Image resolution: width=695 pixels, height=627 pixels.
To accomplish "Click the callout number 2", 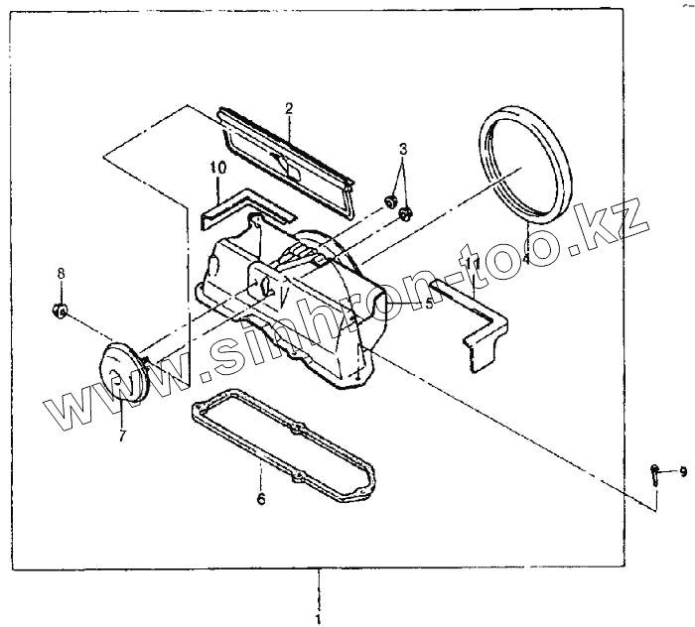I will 289,107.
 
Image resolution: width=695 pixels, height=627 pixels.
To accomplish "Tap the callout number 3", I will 403,150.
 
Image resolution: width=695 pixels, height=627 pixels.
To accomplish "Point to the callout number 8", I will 60,273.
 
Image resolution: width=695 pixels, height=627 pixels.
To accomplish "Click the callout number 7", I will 122,436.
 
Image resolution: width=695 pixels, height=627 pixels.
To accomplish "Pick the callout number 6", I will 261,499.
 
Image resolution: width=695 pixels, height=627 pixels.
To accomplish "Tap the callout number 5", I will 429,304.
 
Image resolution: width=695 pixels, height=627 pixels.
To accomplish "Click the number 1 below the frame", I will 318,618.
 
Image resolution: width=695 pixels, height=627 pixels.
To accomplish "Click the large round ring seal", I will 525,165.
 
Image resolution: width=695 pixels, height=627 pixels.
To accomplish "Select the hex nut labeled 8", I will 60,312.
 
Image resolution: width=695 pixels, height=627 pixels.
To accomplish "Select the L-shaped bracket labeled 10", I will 238,206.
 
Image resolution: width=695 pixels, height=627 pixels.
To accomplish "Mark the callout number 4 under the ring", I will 525,255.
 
